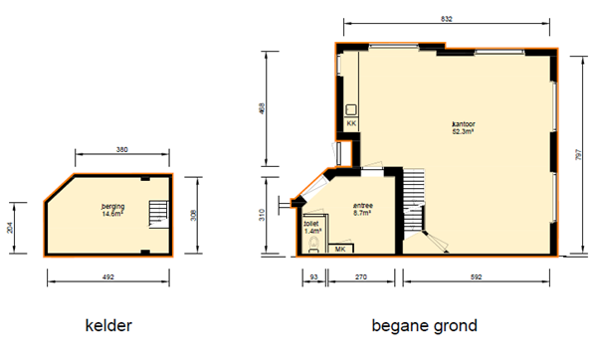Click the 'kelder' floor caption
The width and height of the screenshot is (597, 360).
coord(108,325)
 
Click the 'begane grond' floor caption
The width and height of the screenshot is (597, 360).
coord(424,325)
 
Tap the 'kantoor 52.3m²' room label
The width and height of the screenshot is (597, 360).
coord(464,127)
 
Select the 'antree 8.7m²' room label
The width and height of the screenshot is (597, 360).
coord(362,211)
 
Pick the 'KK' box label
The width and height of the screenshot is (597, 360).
coord(351,123)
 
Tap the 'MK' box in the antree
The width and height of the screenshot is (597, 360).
coord(340,248)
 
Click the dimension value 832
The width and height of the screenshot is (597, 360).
coord(446,18)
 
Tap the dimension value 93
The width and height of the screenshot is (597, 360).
coord(313,277)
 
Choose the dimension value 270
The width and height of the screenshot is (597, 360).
coord(361,277)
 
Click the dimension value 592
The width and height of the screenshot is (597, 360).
coord(478,277)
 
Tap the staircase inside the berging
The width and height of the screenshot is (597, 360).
coord(155,214)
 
